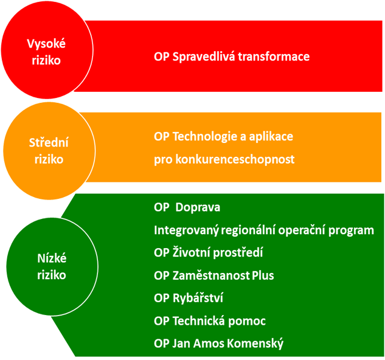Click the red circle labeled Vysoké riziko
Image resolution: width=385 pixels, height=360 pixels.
[47, 50]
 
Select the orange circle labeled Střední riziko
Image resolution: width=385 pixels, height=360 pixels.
[49, 151]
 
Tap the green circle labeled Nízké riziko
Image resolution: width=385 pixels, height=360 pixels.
[52, 267]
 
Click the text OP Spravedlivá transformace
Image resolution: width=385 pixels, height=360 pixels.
[232, 57]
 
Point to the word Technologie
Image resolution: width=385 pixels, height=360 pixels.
[205, 137]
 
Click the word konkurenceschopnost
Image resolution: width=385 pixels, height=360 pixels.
[235, 159]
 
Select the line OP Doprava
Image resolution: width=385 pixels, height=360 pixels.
[187, 207]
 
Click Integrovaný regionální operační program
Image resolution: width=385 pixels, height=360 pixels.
[264, 230]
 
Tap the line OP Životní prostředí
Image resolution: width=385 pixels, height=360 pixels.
[208, 252]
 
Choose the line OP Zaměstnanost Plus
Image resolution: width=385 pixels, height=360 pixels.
[214, 275]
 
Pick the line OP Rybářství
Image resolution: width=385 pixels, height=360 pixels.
[189, 298]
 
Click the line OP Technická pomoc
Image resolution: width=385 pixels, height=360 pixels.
[210, 321]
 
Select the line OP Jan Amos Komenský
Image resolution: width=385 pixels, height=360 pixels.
[218, 344]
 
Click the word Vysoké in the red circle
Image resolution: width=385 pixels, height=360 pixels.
[46, 44]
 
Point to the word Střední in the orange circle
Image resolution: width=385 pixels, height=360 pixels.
[49, 143]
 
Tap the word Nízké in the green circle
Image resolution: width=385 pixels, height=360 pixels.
[52, 258]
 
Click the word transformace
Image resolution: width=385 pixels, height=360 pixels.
[274, 57]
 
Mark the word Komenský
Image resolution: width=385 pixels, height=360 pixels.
[255, 344]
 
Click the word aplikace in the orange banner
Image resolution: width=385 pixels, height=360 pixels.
[271, 137]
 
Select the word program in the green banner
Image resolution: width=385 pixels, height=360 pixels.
[351, 231]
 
